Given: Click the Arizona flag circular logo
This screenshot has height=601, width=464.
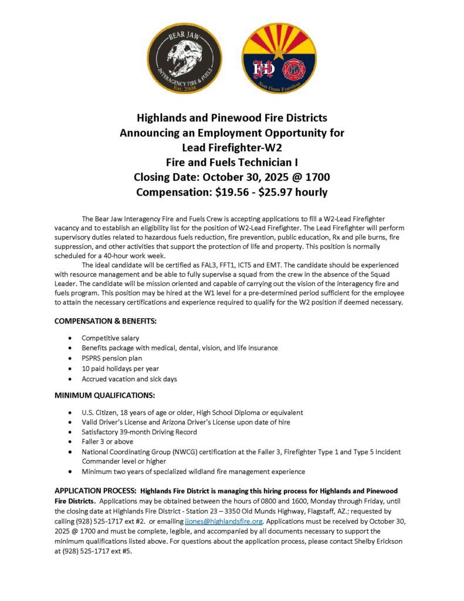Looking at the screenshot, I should click(x=279, y=58).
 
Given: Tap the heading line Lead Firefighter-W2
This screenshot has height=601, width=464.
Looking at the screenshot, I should click(x=232, y=147).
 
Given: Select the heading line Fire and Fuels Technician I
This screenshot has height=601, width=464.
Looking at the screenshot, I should click(x=232, y=162).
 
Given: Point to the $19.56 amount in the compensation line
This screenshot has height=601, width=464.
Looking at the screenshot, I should click(x=226, y=192).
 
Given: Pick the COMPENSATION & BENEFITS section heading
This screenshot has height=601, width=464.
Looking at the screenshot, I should click(x=105, y=321).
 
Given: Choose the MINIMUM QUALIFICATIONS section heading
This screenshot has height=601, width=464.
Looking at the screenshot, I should click(x=104, y=395).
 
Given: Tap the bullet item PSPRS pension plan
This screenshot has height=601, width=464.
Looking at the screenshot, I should click(x=111, y=358).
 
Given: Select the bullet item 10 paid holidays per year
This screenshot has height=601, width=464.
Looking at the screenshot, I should click(x=120, y=369).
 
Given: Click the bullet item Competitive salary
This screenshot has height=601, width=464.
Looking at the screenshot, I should click(x=110, y=338).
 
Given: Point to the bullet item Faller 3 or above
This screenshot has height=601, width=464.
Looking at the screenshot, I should click(x=107, y=441).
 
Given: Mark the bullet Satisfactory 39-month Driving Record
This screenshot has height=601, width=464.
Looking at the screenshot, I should click(x=139, y=432).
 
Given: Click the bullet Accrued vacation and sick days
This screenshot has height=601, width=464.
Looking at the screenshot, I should click(x=129, y=379).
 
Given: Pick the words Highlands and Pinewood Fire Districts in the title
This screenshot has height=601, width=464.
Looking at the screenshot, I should click(x=232, y=118).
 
